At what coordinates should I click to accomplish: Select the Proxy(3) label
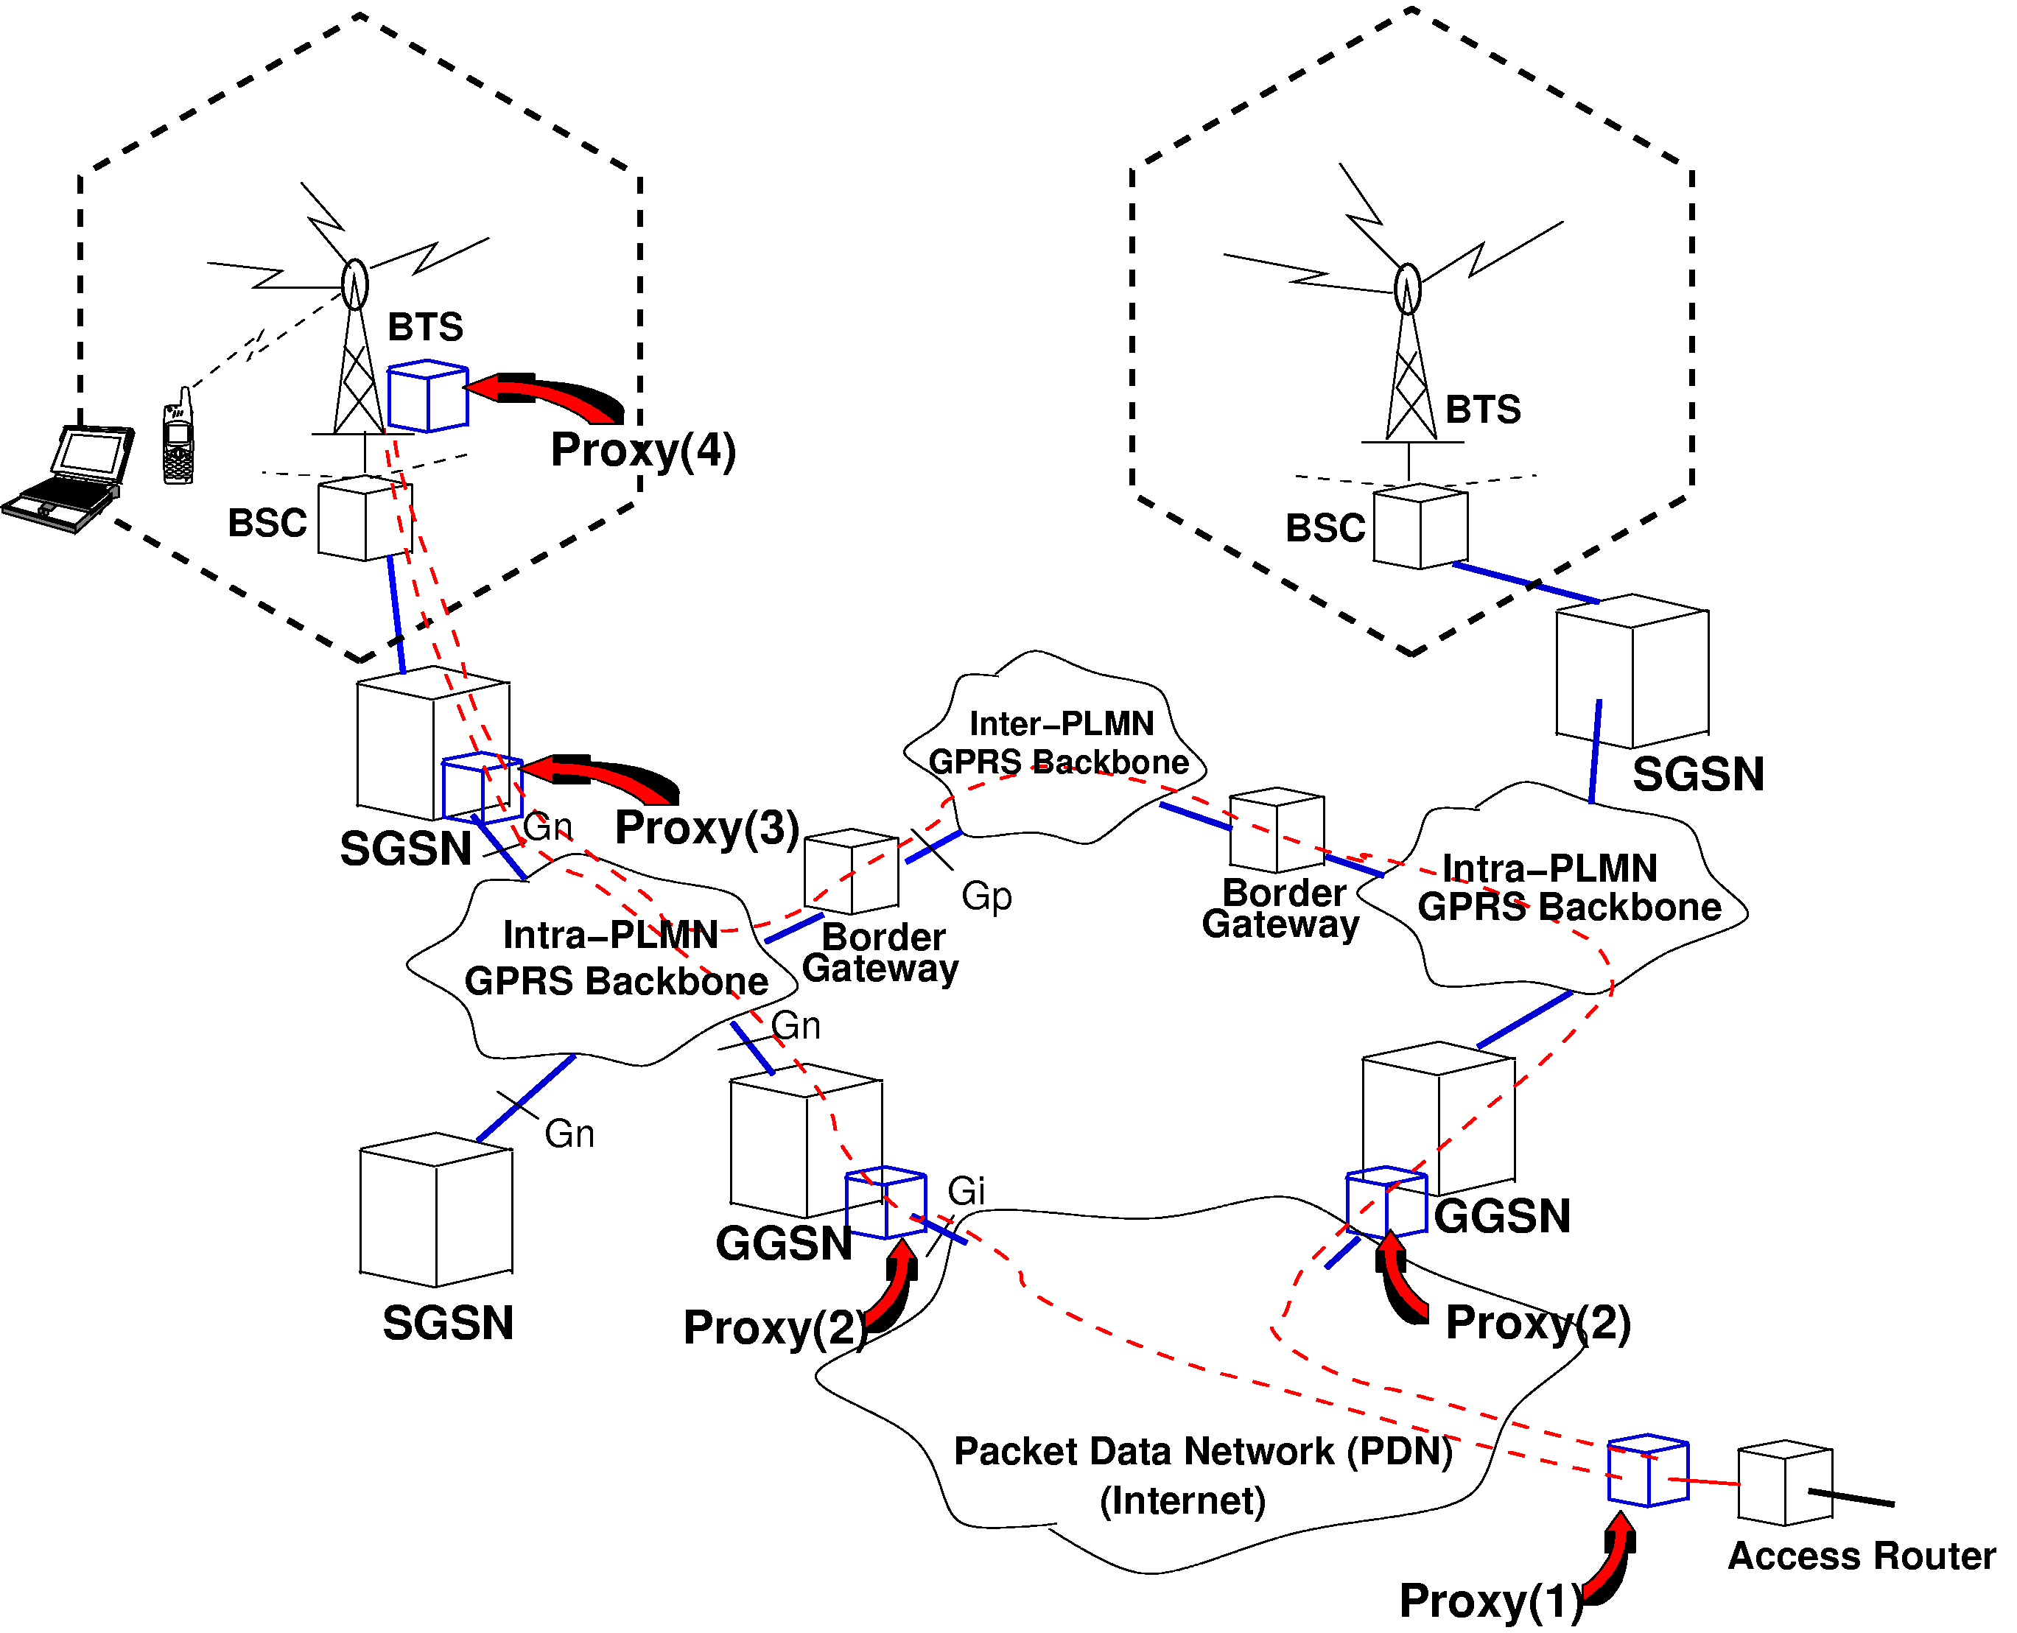click(x=706, y=828)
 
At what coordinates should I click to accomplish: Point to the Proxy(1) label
click(x=1490, y=1600)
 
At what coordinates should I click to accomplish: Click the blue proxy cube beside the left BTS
click(x=428, y=396)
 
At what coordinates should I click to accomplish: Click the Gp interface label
click(x=986, y=896)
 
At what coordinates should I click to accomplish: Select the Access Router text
click(x=1861, y=1556)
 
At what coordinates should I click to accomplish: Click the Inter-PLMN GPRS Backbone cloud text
click(x=1059, y=743)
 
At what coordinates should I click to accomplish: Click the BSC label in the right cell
click(x=1325, y=529)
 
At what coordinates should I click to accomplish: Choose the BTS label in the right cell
click(x=1483, y=410)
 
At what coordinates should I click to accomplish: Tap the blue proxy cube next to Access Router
click(x=1647, y=1470)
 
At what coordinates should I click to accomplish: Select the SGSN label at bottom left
click(x=448, y=1324)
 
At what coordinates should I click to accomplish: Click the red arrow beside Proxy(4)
click(x=546, y=397)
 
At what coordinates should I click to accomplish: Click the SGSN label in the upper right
click(x=1697, y=774)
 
